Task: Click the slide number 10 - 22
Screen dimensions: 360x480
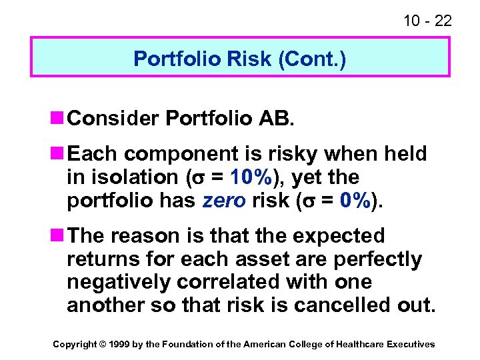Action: [427, 21]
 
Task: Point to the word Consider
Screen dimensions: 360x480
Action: [113, 118]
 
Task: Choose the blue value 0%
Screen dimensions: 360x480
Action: [354, 201]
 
